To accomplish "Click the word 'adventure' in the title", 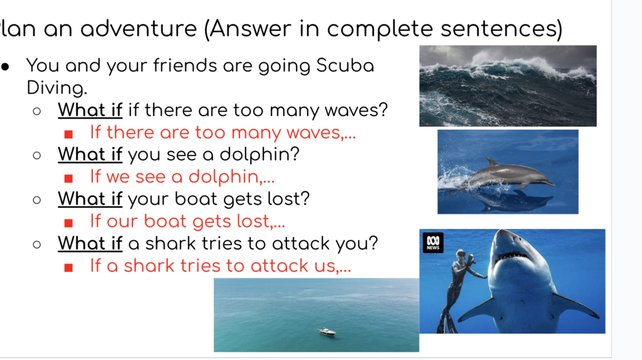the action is [139, 28].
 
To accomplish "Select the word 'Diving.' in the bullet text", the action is [57, 88].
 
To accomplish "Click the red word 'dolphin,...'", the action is [231, 176].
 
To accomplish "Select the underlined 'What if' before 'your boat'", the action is [90, 199].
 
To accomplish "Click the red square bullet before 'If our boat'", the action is [69, 223].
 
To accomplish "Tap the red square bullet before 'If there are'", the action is [69, 134].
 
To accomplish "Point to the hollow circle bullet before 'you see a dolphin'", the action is [37, 155].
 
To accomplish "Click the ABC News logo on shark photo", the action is [433, 243].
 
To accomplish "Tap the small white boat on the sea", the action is [327, 331].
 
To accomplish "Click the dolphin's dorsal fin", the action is [493, 162].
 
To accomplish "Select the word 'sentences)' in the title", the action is [502, 29].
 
